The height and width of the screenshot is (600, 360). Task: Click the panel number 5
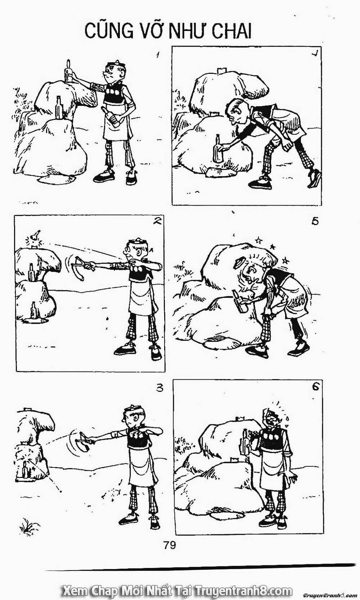coord(315,221)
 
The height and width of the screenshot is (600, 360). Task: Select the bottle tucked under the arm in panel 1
coord(112,117)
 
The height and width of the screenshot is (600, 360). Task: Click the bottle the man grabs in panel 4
coord(217,149)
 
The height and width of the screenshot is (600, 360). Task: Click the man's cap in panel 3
coord(134,409)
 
